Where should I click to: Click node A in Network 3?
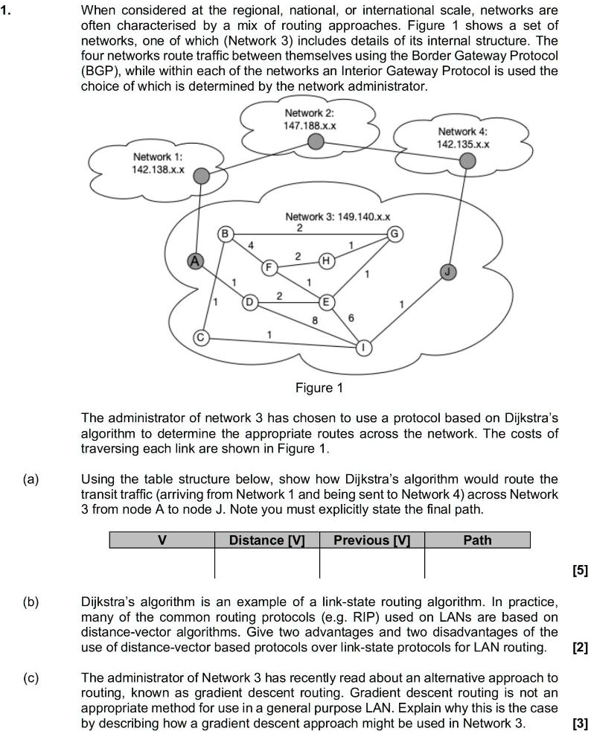click(x=195, y=260)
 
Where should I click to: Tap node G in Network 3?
click(x=395, y=234)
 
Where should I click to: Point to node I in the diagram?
click(x=364, y=348)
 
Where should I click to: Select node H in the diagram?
click(x=325, y=261)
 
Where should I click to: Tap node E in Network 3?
click(x=325, y=302)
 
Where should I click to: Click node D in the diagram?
click(x=250, y=302)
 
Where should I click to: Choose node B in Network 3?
click(x=224, y=234)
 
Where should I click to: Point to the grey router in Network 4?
click(x=467, y=161)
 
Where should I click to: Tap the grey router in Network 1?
click(x=199, y=176)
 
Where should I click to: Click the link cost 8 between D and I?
click(x=315, y=320)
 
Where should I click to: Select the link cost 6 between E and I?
click(x=352, y=318)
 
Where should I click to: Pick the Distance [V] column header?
click(x=267, y=540)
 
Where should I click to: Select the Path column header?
click(x=477, y=540)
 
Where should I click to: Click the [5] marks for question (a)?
click(x=580, y=571)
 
